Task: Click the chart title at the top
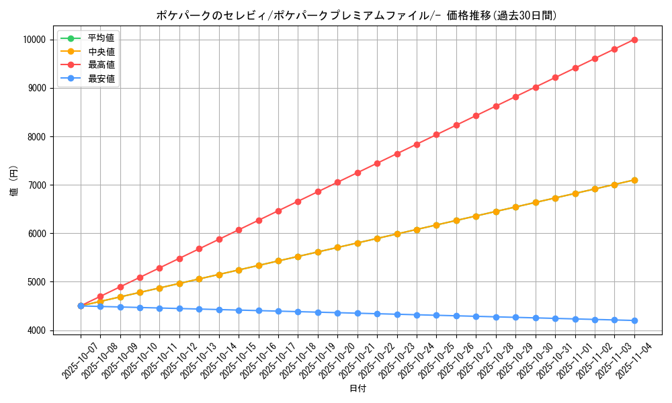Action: [356, 15]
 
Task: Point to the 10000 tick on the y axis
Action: [34, 40]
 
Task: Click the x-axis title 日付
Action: [358, 389]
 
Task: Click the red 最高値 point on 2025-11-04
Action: [634, 40]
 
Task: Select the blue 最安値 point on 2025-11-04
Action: [634, 320]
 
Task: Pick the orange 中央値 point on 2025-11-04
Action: [634, 180]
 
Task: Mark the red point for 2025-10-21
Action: [358, 173]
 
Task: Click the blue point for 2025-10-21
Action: [358, 313]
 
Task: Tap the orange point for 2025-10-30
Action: [536, 202]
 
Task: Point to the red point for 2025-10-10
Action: [140, 277]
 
